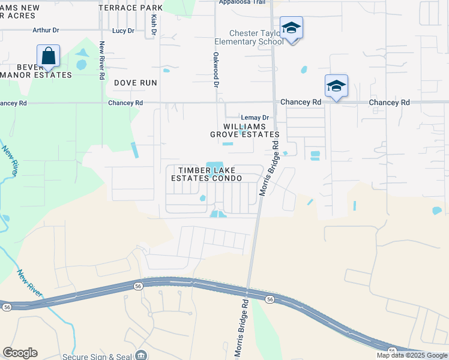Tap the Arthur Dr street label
pyautogui.click(x=46, y=30)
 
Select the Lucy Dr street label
pyautogui.click(x=122, y=31)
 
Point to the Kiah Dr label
pyautogui.click(x=154, y=25)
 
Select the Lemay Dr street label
pyautogui.click(x=255, y=118)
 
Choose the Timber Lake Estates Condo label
pyautogui.click(x=206, y=174)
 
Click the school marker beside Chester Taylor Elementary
pyautogui.click(x=291, y=29)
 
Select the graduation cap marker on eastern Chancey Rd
pyautogui.click(x=336, y=86)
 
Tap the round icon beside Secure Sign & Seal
pyautogui.click(x=142, y=356)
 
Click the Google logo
pyautogui.click(x=20, y=353)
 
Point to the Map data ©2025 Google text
pyautogui.click(x=411, y=355)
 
